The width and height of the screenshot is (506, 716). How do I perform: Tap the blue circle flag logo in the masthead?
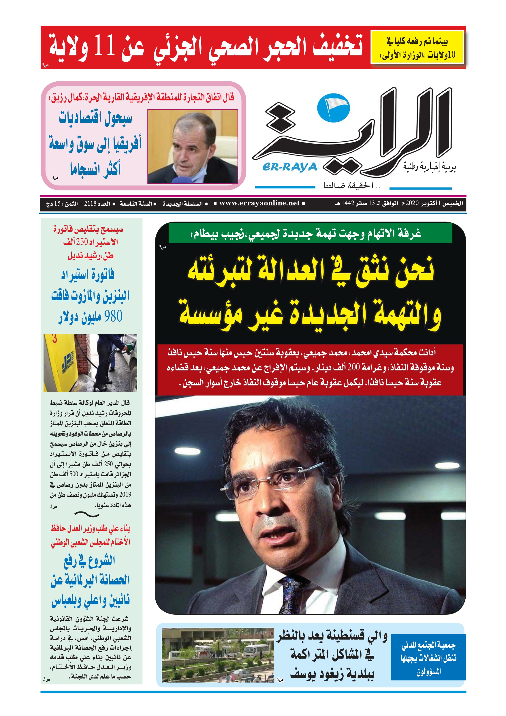[333, 108]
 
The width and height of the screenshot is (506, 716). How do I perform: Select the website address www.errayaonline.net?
[259, 203]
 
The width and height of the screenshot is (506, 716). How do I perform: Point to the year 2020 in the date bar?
[411, 204]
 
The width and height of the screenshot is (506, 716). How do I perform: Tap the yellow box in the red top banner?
[417, 47]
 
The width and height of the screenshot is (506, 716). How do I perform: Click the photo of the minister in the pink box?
[192, 146]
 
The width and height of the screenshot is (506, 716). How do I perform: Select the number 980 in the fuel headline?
[113, 316]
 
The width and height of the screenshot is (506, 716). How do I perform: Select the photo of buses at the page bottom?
[217, 655]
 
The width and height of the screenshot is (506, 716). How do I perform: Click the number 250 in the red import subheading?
[82, 242]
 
